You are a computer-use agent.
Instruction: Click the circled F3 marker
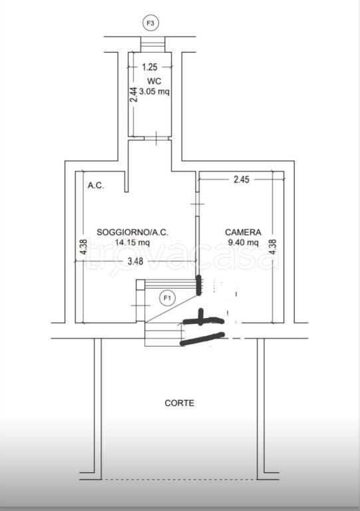click(x=150, y=23)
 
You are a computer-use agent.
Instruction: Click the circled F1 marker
click(x=167, y=298)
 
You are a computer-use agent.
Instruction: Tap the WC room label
click(x=154, y=81)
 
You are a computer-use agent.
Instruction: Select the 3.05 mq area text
click(x=154, y=92)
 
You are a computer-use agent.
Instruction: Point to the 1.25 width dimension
click(x=150, y=67)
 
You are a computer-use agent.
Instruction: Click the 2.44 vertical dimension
click(x=133, y=94)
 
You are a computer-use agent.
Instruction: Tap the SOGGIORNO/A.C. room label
click(x=132, y=232)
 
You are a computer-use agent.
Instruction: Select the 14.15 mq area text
click(x=132, y=242)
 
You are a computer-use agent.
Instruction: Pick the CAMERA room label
click(x=243, y=232)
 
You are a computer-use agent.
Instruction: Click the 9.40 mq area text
click(x=243, y=242)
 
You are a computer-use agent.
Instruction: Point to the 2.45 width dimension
click(x=242, y=179)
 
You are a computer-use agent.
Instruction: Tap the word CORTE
click(x=179, y=403)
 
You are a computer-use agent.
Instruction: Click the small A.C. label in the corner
click(x=96, y=186)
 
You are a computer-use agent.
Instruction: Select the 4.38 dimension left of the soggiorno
click(x=83, y=247)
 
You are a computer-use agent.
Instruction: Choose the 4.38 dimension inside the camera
click(x=273, y=247)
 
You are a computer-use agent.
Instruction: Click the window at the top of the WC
click(x=153, y=45)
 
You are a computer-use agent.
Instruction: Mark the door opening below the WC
click(x=156, y=138)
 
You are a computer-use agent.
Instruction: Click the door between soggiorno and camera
click(x=197, y=204)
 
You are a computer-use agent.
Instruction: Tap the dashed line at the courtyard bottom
click(x=179, y=479)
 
